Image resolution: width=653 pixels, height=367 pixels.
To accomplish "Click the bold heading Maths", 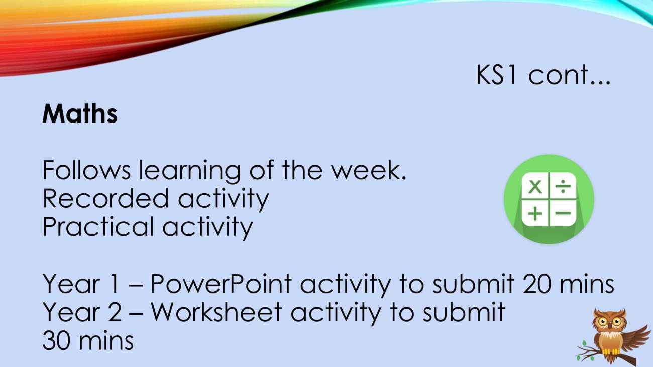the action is pos(80,113).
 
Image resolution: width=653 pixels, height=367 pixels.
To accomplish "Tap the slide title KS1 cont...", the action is pos(543,75).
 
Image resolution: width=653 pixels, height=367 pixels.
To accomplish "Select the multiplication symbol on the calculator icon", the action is pos(535,186).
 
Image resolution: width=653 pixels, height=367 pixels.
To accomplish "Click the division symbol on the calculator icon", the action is pos(563,186).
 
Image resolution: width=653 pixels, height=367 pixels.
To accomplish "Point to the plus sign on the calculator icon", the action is pos(535,213).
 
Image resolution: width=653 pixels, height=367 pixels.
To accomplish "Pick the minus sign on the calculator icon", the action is pos(563,213).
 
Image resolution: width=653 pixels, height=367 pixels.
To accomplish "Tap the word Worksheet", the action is pos(216,312).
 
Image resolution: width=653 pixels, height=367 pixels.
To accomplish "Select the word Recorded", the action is pos(106,198).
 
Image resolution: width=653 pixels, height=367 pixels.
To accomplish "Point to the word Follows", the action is pos(86,170).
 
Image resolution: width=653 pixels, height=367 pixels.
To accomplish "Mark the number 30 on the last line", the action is pos(58,340).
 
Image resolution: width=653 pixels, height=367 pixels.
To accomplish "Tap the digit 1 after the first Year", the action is pos(115,284).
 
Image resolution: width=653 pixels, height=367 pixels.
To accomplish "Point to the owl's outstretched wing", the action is pos(635,338).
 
